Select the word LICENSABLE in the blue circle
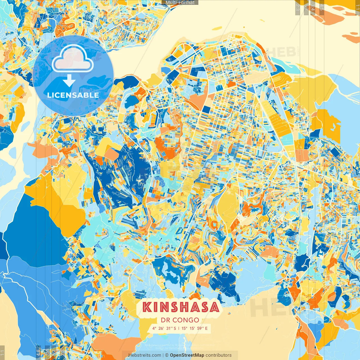pyautogui.click(x=73, y=95)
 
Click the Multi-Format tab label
pyautogui.click(x=180, y=3)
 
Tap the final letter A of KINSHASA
pyautogui.click(x=214, y=307)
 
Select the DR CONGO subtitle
pyautogui.click(x=180, y=320)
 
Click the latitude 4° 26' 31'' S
pyautogui.click(x=164, y=328)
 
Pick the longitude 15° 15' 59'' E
pyautogui.click(x=195, y=328)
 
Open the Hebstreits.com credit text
pyautogui.click(x=145, y=355)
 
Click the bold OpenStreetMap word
pyautogui.click(x=187, y=355)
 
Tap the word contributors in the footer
pyautogui.click(x=219, y=355)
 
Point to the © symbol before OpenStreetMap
pyautogui.click(x=167, y=355)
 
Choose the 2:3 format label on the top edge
pyautogui.click(x=298, y=7)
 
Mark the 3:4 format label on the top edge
pyautogui.click(x=313, y=7)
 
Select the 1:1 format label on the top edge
pyautogui.click(x=357, y=7)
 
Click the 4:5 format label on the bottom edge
pyautogui.click(x=38, y=353)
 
